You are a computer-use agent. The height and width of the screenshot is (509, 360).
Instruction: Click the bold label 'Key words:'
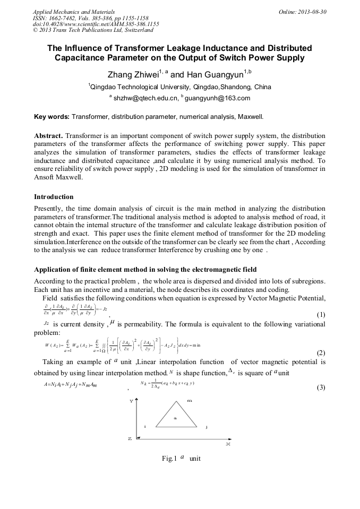click(52, 116)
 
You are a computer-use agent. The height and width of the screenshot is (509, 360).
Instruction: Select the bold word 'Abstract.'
click(48, 135)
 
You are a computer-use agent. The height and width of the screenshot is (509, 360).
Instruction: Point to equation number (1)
click(321, 315)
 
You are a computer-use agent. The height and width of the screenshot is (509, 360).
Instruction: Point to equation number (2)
click(321, 353)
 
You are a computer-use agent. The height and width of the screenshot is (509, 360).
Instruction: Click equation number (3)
click(321, 387)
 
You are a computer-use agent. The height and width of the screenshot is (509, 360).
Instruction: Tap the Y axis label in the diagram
click(131, 402)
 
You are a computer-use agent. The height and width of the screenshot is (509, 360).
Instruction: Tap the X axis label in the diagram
click(228, 444)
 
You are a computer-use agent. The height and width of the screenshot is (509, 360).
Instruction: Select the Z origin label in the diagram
click(130, 439)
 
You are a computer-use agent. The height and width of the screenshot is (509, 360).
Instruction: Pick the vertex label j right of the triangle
click(207, 427)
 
